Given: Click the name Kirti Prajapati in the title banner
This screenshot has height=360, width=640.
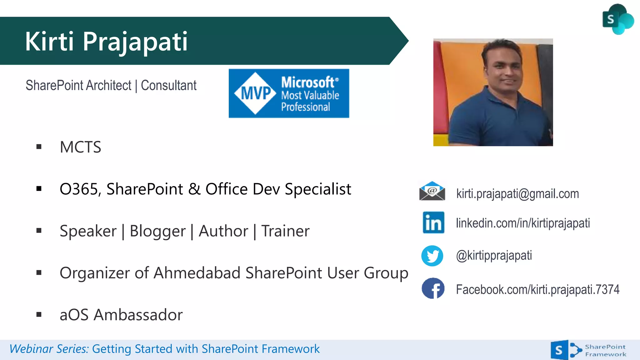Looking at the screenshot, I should point(106,41).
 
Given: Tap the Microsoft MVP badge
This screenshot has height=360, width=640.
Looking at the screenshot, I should point(289,93).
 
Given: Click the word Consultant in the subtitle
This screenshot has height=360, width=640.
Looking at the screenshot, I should point(168,85).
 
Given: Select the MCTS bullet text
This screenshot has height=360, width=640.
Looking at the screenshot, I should point(80,147).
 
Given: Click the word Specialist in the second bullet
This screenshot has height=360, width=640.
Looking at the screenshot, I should point(318,189).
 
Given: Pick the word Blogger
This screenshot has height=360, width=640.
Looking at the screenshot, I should point(157,231).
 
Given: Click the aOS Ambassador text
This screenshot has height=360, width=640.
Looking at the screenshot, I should point(121,315).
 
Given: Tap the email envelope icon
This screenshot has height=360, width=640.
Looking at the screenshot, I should point(432,191).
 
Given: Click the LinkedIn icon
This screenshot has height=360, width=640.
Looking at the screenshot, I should point(433,222).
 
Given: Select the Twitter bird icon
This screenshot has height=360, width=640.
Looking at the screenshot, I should point(432,256).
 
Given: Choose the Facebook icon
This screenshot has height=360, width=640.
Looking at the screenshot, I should point(433,288).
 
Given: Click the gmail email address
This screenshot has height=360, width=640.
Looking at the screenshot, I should point(517,194).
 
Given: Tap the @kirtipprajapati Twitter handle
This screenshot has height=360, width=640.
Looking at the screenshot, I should point(494,256).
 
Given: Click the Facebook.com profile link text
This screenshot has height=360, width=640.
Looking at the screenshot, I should point(537,289).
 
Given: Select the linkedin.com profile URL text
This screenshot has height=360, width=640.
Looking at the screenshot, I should point(523,223).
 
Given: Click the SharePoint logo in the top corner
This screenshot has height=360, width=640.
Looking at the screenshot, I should point(617,19).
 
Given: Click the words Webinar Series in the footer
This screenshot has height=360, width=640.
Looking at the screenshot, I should point(49,349).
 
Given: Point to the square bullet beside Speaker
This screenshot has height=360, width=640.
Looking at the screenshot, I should point(39,231).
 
